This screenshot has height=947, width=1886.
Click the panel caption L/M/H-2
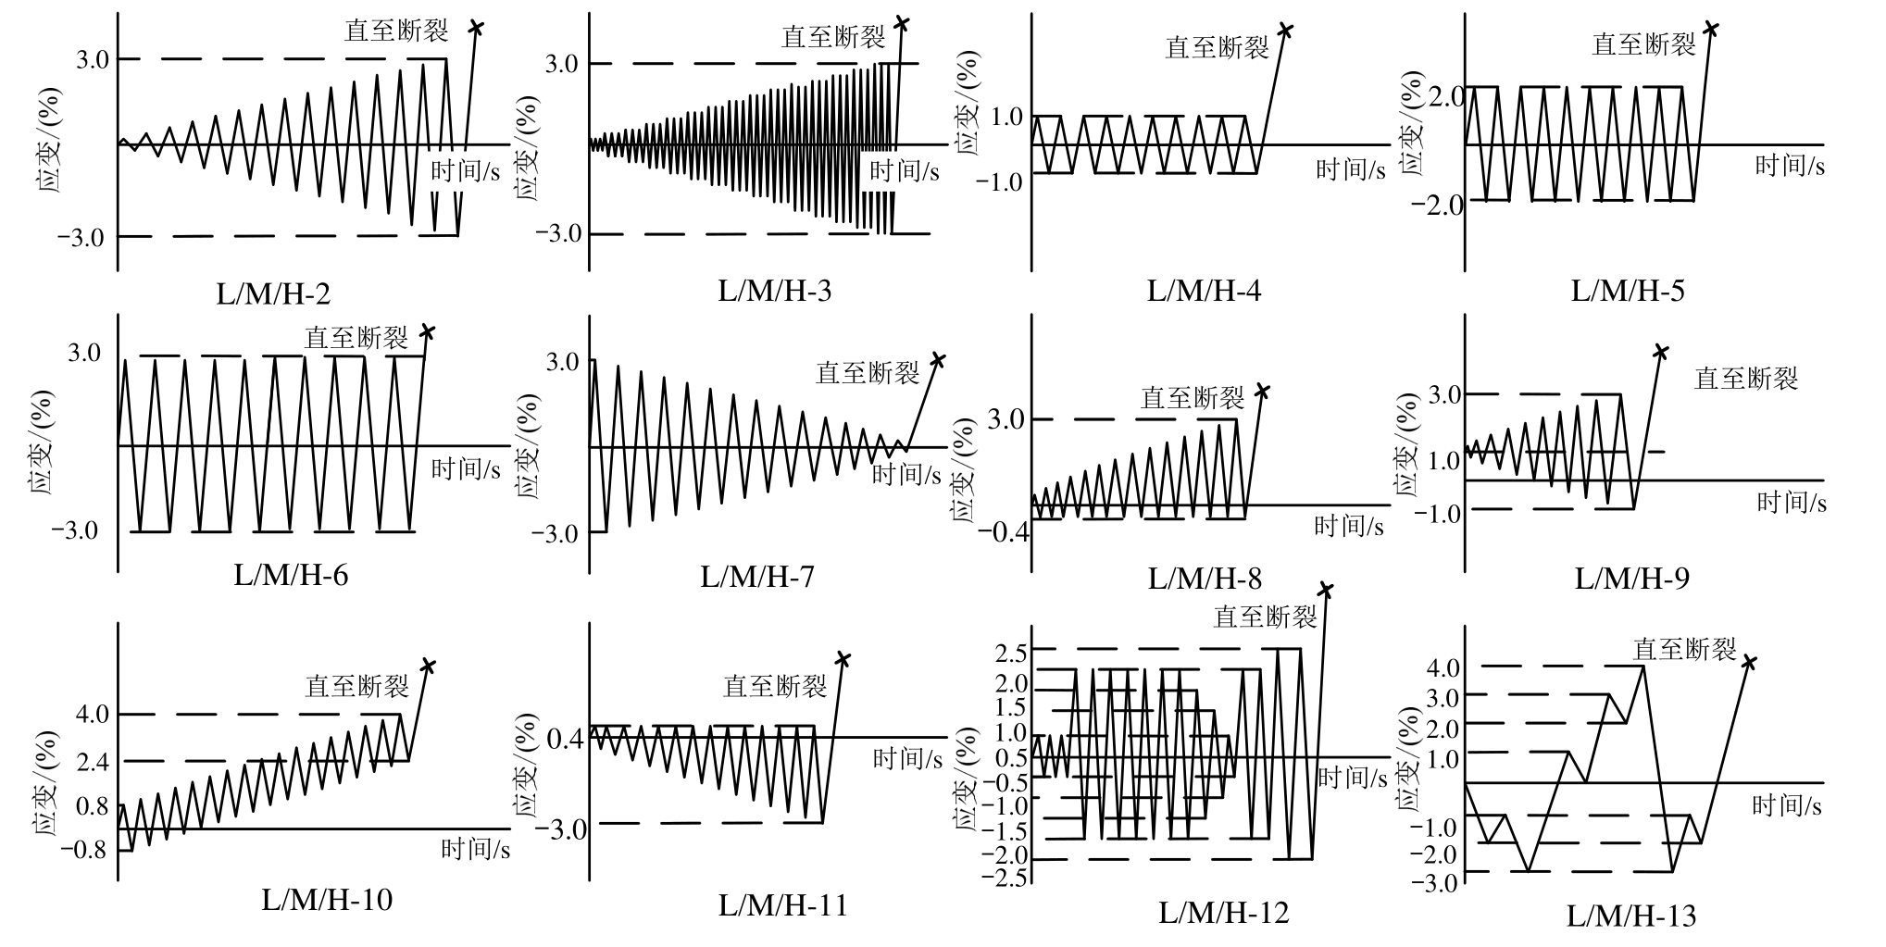[274, 294]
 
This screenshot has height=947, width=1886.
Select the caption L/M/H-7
[757, 578]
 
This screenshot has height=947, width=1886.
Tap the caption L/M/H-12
[1224, 914]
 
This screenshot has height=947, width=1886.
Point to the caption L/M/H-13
[1631, 916]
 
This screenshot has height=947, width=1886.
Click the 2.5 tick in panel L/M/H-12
[1010, 652]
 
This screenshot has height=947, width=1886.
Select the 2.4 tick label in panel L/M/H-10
[91, 762]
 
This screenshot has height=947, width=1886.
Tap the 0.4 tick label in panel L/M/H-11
[566, 739]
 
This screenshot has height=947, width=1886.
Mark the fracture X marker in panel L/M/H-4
[1285, 30]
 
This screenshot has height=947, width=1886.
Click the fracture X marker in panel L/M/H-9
[1662, 352]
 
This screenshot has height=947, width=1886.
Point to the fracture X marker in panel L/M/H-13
[1749, 662]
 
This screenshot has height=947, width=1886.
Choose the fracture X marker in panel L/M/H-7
[938, 359]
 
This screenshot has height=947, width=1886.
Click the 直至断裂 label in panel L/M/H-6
[356, 338]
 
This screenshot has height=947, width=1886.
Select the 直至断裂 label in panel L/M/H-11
[775, 686]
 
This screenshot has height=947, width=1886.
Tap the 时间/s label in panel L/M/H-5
[1790, 167]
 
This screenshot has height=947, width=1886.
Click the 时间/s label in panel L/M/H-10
[475, 849]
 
